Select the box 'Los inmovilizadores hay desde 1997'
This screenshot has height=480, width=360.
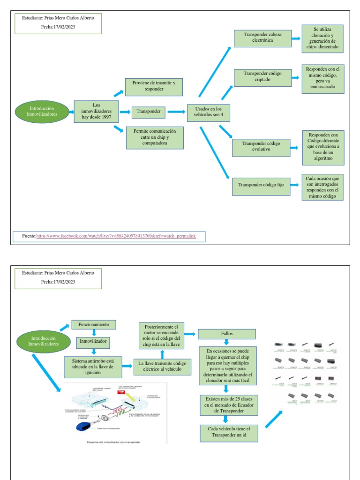(96, 111)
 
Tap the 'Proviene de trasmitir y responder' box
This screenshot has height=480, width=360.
(154, 87)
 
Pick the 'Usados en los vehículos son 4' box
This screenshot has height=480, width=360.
(208, 112)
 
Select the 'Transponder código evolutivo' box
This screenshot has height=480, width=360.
(261, 147)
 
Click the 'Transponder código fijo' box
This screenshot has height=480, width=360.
(261, 186)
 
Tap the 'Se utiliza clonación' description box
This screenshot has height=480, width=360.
(322, 39)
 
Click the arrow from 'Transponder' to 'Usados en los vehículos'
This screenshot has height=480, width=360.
(176, 112)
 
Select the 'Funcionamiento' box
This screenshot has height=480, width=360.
(93, 324)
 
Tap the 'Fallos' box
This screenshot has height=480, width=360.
(227, 334)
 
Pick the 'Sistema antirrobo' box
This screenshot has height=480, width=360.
(93, 365)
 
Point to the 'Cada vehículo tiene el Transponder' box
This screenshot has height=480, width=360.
(229, 433)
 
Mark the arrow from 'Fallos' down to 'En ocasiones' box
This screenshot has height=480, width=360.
(227, 343)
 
